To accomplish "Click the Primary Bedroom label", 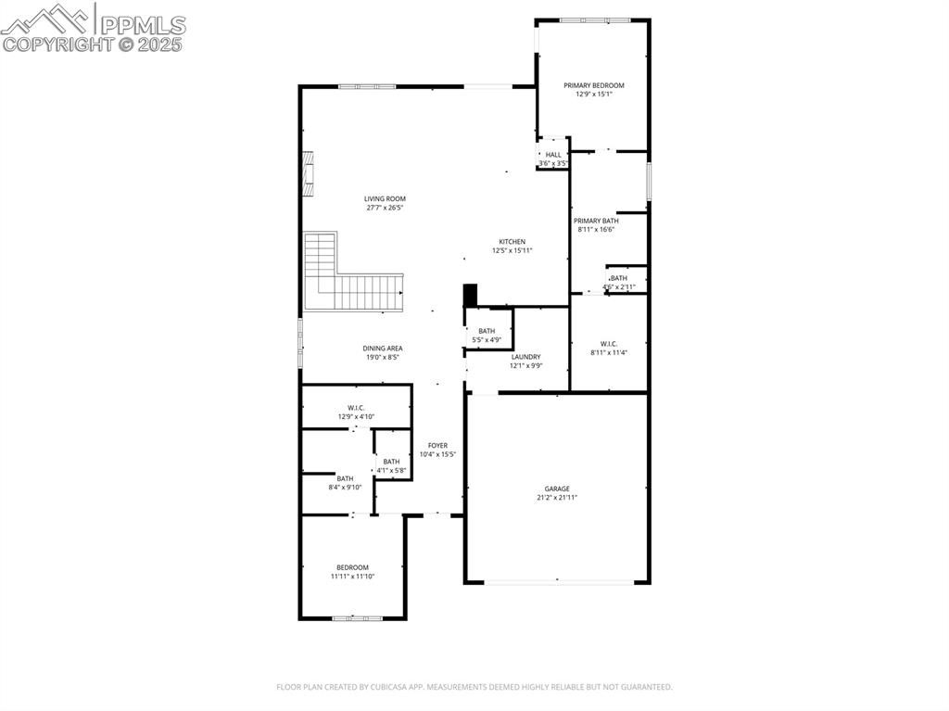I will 594,85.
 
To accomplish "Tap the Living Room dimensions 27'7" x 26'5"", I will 384,208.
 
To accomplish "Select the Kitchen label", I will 512,242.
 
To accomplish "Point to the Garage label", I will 556,489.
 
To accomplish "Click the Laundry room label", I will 525,357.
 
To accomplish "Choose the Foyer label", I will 437,446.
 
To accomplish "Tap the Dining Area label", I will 382,349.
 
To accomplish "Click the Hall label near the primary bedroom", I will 553,155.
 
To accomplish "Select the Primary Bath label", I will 595,221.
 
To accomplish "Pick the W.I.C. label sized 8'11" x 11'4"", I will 608,344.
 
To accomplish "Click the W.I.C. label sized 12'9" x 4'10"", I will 356,408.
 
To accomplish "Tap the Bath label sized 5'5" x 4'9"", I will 487,331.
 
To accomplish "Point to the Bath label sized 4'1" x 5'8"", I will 392,462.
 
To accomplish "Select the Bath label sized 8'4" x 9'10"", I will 345,478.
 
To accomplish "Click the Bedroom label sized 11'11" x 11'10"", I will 352,567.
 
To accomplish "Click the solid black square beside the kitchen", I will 470,295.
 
